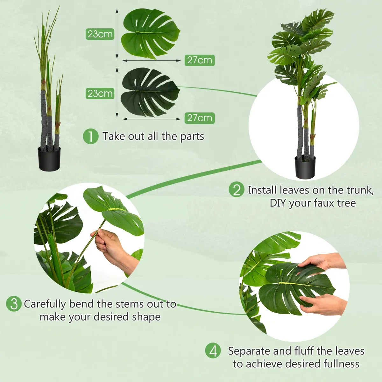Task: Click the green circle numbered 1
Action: click(x=91, y=136)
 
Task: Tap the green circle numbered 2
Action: click(x=236, y=189)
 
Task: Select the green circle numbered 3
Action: click(x=14, y=304)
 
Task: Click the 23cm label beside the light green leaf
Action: click(x=100, y=34)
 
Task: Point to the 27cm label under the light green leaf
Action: click(x=200, y=60)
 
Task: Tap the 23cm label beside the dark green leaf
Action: click(x=100, y=94)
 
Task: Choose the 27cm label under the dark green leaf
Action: click(x=200, y=118)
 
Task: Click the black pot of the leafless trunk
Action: click(x=49, y=159)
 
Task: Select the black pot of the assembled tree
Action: click(x=305, y=166)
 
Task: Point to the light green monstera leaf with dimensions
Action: click(x=150, y=34)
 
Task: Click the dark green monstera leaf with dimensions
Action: click(x=150, y=92)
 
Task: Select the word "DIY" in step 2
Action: click(x=278, y=203)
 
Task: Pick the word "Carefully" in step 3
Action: click(x=45, y=304)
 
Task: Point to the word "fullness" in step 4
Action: click(x=341, y=364)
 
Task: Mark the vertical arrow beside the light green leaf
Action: click(x=117, y=34)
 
